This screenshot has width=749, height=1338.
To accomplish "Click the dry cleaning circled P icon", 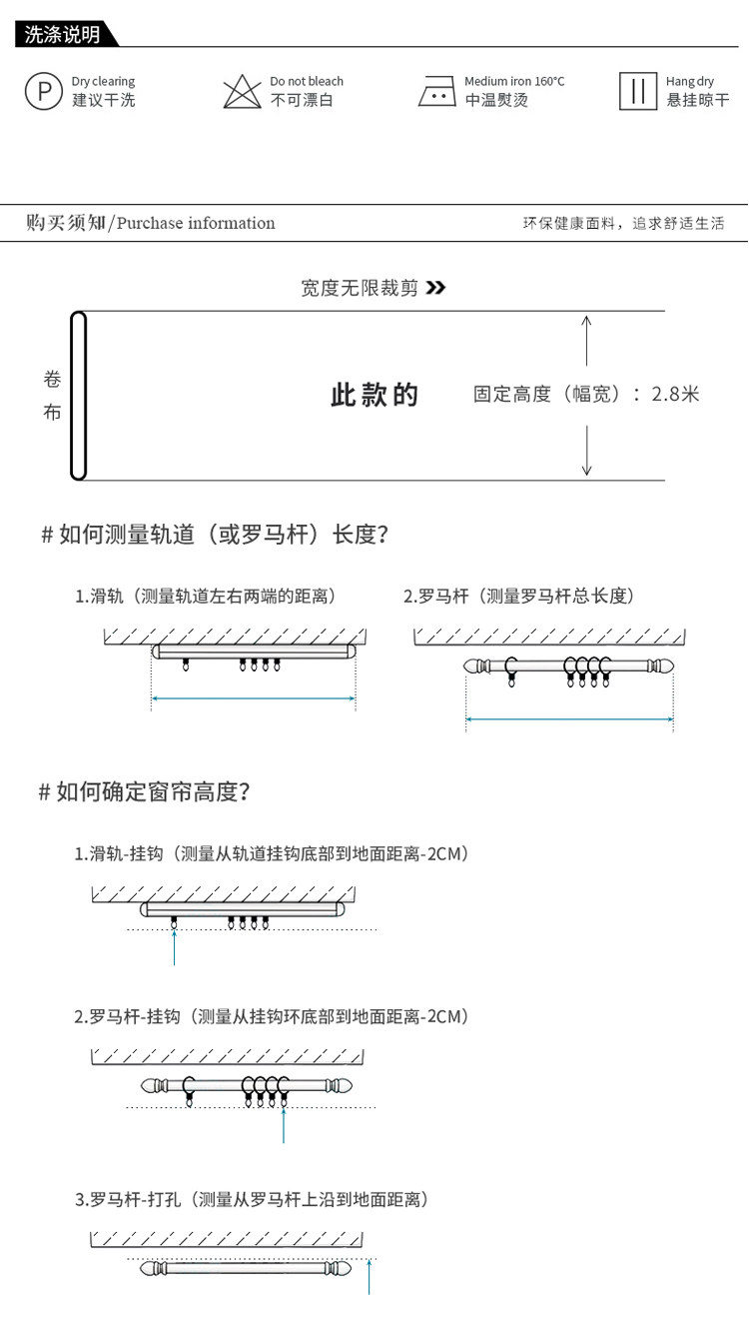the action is pos(43,91).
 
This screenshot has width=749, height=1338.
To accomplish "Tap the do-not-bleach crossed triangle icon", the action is pos(241,91).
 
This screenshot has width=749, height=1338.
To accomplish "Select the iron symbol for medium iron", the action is pos(436,92).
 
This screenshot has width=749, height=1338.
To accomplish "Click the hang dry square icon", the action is pos(636,91).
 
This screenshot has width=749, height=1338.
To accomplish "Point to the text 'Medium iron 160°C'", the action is pos(513,81).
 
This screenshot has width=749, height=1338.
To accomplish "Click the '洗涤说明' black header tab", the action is pos(63,35).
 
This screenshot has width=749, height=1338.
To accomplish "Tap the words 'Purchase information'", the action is pos(196,223).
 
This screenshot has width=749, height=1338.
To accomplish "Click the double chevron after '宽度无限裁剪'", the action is pos(435,289).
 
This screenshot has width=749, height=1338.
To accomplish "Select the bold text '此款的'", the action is pos(374,395).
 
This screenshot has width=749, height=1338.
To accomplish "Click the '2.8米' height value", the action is pos(675,394).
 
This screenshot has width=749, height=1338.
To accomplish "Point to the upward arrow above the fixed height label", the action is pos(586,340).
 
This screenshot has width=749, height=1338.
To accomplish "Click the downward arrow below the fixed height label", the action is pos(586,451).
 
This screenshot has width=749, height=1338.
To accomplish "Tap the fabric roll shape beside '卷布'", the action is pos(79,396).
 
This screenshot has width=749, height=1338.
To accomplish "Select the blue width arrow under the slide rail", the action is pos(254,698).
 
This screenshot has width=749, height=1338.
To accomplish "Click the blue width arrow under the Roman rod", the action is pos(569,717).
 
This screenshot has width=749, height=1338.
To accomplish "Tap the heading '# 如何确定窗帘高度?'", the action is pos(144,792).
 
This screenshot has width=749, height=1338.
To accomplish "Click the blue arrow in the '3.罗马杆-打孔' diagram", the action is pos(370,1278).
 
